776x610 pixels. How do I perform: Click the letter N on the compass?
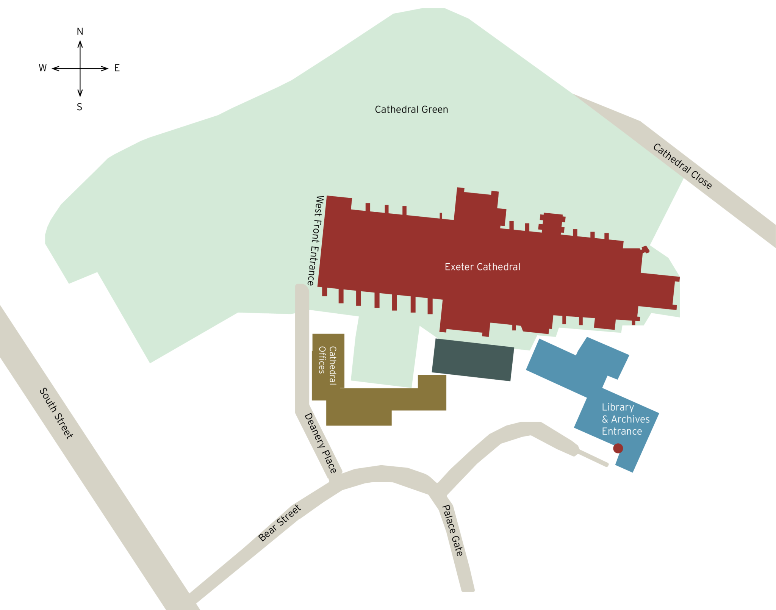tap(80, 32)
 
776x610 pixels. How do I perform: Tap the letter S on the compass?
tap(80, 107)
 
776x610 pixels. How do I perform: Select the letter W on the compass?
tap(43, 68)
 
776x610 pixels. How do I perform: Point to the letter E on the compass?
tap(117, 68)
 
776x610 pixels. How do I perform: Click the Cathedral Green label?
tap(411, 110)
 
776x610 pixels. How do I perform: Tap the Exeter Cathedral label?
tap(482, 267)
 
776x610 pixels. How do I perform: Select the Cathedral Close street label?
tap(682, 166)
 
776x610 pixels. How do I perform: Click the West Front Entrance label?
tap(315, 241)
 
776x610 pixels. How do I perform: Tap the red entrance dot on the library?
tap(618, 448)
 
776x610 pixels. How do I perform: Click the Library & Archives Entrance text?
tap(625, 419)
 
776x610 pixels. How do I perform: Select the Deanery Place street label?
tap(321, 443)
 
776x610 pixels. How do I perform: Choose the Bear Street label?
tap(280, 523)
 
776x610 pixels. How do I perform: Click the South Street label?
tap(56, 413)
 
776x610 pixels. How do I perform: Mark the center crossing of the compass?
tap(80, 69)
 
